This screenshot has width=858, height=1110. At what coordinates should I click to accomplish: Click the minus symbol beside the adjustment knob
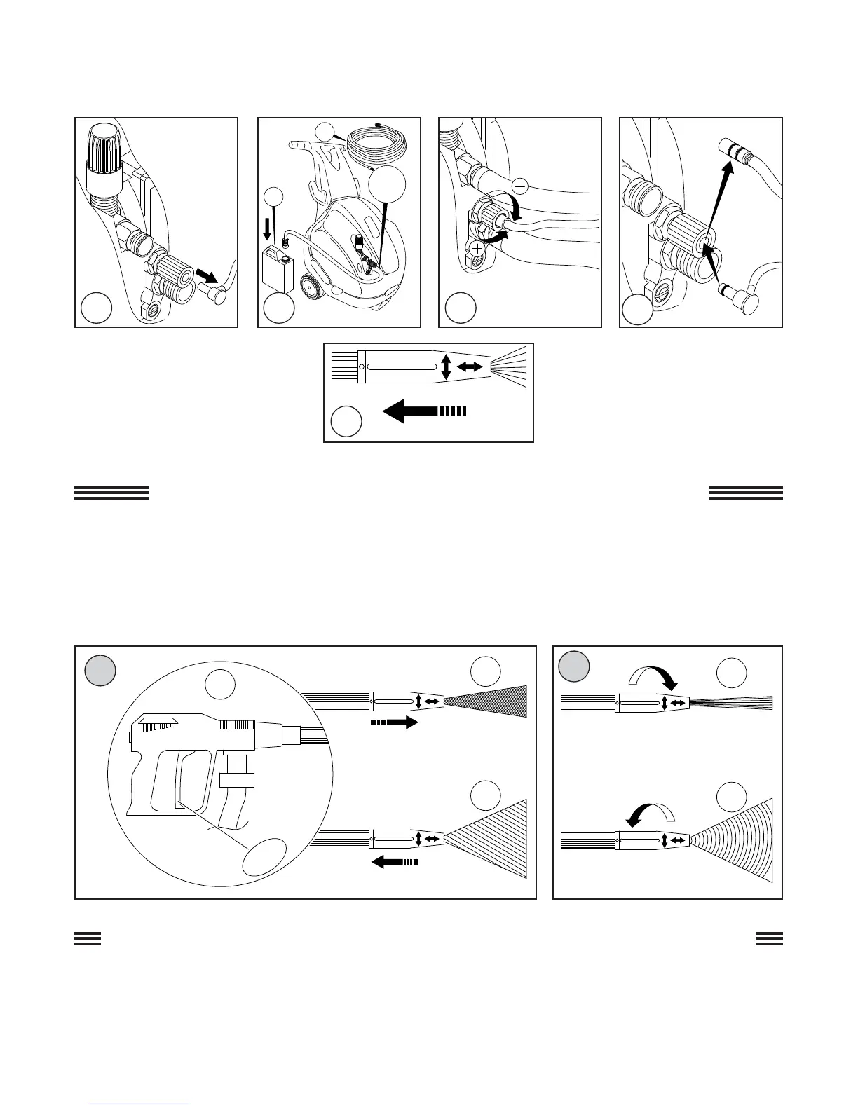[x=520, y=186]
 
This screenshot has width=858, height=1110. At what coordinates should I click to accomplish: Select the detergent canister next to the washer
[x=277, y=270]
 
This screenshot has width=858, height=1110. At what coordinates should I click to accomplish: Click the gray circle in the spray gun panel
[x=100, y=671]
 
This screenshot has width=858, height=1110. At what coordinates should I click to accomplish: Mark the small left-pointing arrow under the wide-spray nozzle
[x=395, y=863]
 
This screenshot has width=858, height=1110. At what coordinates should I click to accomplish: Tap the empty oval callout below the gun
[x=265, y=856]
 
